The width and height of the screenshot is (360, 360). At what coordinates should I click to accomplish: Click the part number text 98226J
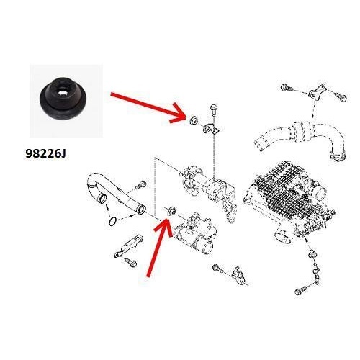click(x=45, y=153)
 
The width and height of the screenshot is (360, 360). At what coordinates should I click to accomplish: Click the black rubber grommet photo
click(x=63, y=98)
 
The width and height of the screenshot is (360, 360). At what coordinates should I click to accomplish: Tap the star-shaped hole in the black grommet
click(x=63, y=91)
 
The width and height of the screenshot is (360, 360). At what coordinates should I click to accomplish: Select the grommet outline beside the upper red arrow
click(x=193, y=120)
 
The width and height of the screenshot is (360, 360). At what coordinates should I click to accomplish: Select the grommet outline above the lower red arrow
click(x=171, y=210)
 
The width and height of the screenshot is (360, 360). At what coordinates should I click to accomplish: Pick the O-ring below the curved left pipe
click(x=112, y=221)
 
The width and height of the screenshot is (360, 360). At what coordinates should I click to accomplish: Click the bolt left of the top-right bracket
click(x=287, y=87)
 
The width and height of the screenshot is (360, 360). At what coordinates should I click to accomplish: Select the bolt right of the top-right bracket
click(x=341, y=96)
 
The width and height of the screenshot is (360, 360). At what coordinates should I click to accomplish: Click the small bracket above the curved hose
click(x=316, y=91)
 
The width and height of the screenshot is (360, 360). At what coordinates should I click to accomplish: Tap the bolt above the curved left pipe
click(x=141, y=184)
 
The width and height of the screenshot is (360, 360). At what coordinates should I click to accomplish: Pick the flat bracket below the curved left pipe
click(x=129, y=246)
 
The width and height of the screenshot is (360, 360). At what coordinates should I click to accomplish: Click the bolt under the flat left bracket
click(x=131, y=262)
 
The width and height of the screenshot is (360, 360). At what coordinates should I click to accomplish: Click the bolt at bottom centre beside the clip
click(x=217, y=268)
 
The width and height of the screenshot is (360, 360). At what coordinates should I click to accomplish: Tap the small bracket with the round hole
click(x=210, y=128)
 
